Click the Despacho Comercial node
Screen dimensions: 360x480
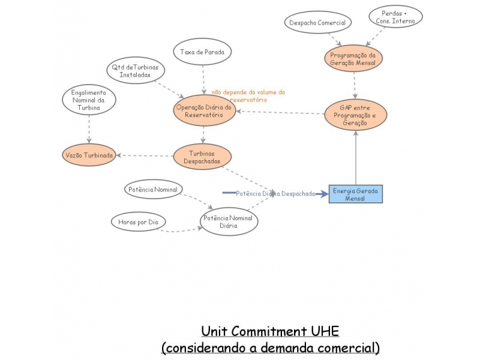point(317,22)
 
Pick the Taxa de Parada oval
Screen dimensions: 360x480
point(202,52)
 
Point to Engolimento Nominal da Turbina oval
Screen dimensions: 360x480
point(89,100)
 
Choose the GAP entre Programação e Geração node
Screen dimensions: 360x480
point(356,115)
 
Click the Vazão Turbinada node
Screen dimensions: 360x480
point(89,155)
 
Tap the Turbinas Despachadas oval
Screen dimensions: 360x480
point(202,157)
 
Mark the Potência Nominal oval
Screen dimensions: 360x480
point(153,190)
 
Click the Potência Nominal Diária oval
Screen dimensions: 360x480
point(229,222)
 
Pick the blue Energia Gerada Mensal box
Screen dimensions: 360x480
point(355,194)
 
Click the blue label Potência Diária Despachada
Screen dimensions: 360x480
point(275,193)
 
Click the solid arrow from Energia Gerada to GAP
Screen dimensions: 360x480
point(356,159)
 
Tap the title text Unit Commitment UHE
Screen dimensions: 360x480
point(270,331)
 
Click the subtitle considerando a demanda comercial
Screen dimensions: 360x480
point(270,347)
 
